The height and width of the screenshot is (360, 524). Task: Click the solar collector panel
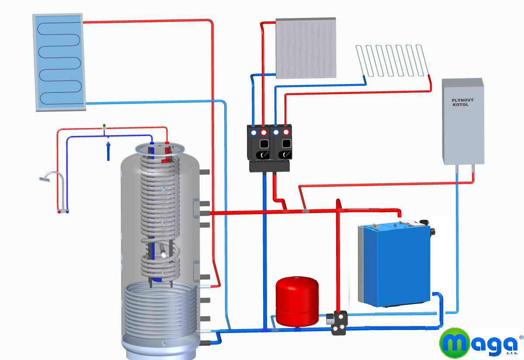(x=59, y=62)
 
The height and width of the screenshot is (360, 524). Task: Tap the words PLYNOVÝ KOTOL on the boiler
(x=462, y=102)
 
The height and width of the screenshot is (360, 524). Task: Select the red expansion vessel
(x=297, y=301)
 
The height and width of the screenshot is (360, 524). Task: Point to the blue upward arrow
(x=108, y=151)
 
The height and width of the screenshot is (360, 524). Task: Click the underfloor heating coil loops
(x=392, y=61)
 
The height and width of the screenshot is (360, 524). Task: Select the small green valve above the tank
(x=104, y=126)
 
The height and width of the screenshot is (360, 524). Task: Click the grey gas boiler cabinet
(x=463, y=122)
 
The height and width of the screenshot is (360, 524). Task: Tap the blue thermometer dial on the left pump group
(x=253, y=133)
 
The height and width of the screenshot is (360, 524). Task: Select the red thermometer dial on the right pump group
(x=286, y=132)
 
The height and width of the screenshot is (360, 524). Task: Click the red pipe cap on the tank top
(x=167, y=143)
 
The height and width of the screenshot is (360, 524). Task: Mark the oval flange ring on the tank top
(x=160, y=148)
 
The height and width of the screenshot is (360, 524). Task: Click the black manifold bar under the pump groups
(x=269, y=166)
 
